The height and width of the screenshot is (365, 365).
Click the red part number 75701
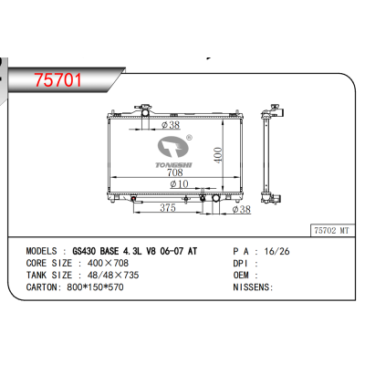(x=58, y=80)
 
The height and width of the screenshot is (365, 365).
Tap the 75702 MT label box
(x=332, y=231)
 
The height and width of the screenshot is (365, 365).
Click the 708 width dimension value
(x=175, y=172)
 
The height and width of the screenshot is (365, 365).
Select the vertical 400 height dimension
(x=218, y=155)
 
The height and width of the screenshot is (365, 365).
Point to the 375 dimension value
(x=168, y=207)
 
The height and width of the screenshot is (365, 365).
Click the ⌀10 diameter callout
(x=179, y=183)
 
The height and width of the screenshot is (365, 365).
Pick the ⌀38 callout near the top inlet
(x=171, y=124)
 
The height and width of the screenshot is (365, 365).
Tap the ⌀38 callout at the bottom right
(x=241, y=209)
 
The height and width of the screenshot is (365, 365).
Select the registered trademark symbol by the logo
(x=189, y=138)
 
